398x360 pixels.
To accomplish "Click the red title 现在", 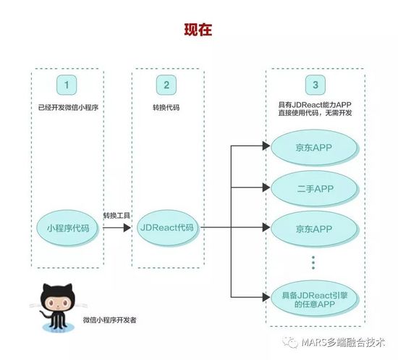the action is tap(198, 30).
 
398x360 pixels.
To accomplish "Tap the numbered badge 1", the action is tap(67, 85).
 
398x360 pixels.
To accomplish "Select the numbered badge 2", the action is tap(166, 85).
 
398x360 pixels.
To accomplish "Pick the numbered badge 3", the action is tap(316, 85).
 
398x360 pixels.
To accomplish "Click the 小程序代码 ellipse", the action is tap(67, 228).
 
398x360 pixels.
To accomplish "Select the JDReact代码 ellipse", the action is tap(168, 227).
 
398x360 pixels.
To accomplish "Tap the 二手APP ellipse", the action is tap(315, 188).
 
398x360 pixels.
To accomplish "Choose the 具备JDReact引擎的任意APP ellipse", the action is tap(315, 298).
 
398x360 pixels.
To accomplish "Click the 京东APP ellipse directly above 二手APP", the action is tap(314, 148).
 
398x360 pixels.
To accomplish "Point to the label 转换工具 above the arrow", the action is tap(117, 216).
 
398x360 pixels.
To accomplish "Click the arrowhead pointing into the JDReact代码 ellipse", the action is tap(127, 227).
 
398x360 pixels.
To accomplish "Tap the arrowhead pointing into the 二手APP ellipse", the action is tap(266, 188).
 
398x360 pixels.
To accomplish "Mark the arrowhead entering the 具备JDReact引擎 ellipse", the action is tap(266, 297).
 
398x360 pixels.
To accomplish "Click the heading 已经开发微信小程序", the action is tap(68, 107).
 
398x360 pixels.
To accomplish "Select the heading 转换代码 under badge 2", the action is tap(166, 107).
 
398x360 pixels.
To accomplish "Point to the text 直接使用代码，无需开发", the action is tap(315, 112).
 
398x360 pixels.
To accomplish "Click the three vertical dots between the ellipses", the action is tap(313, 263).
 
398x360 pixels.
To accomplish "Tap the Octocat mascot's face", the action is tap(58, 303).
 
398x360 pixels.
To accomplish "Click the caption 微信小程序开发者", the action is tap(110, 320).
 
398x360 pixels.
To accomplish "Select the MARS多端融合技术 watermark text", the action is tap(343, 342).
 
